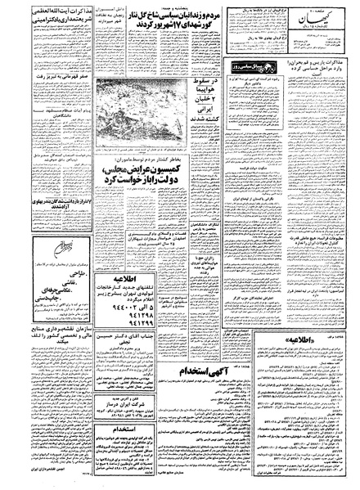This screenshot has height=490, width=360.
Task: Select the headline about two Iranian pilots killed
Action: (x=206, y=119)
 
